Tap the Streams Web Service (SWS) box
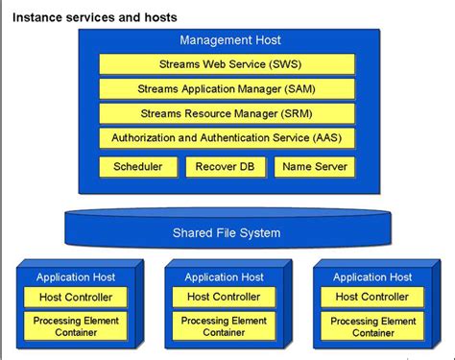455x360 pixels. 227,64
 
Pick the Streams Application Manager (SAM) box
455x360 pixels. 227,89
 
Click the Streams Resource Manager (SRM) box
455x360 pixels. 227,113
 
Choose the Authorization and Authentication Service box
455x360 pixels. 227,138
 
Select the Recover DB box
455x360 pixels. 224,167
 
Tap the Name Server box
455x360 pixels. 314,167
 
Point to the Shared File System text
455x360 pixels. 227,233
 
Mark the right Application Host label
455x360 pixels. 372,277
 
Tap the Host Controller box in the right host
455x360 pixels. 372,297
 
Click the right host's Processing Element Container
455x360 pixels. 372,326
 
